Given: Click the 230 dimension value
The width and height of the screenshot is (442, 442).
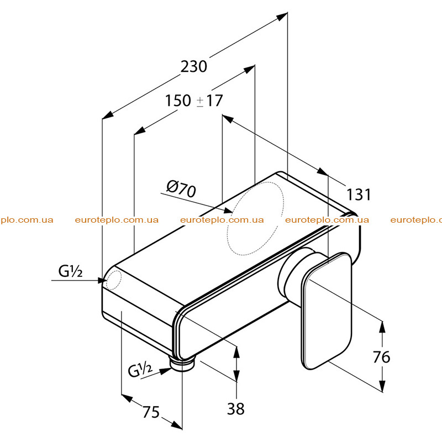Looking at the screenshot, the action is (x=194, y=67).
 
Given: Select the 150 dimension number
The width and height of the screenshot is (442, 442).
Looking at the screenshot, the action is (x=178, y=101).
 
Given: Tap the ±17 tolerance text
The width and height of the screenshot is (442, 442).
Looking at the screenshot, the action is (x=209, y=101).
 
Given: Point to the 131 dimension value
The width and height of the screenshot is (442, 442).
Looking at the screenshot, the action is (x=358, y=194).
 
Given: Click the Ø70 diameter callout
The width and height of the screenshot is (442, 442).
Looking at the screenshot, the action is (x=181, y=188).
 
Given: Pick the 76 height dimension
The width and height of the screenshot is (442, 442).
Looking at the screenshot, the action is (x=381, y=357).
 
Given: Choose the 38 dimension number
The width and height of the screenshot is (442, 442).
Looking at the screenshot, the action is (x=236, y=408).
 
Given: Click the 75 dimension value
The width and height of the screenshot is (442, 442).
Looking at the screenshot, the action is (x=151, y=412).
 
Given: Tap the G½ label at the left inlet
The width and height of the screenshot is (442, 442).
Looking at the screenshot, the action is (x=71, y=271).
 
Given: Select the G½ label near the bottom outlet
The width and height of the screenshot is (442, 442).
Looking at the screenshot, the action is (x=140, y=370).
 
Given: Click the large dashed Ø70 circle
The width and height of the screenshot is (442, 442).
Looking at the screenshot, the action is (x=256, y=218).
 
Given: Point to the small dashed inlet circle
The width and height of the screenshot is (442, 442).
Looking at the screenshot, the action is (x=114, y=280).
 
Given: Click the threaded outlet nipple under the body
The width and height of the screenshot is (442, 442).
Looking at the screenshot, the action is (x=182, y=364).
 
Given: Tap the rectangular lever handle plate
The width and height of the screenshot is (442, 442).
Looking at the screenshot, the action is (x=327, y=311).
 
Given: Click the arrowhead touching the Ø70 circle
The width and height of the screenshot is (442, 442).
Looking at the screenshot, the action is (x=228, y=211).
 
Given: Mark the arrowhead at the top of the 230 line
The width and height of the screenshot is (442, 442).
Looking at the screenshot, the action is (x=282, y=17).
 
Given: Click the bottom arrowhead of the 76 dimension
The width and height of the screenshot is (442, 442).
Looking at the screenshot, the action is (x=382, y=386).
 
